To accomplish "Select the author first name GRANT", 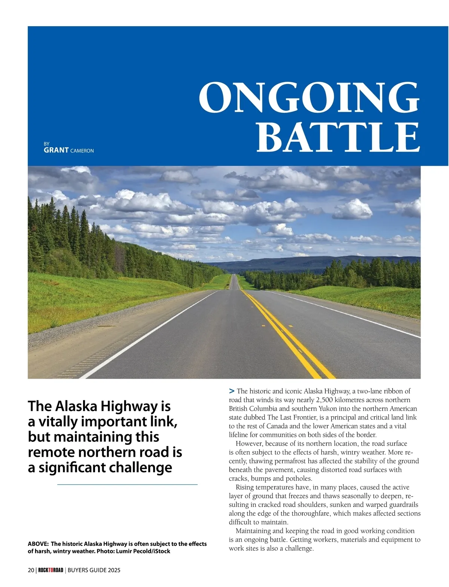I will click(x=56, y=150).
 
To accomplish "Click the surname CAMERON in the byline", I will click(x=82, y=151).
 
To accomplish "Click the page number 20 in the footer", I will click(x=31, y=571).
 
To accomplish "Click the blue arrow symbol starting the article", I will click(x=232, y=391).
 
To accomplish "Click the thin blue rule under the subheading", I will click(x=127, y=484).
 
